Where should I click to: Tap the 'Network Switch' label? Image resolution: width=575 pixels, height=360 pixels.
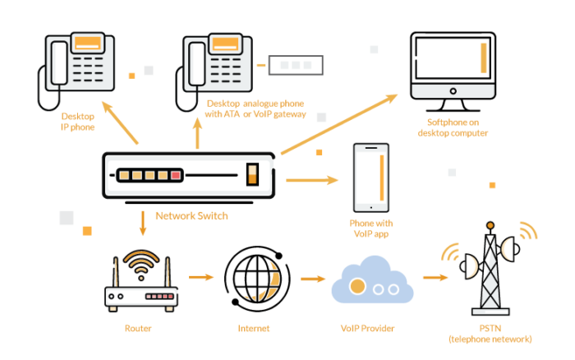coord(191,216)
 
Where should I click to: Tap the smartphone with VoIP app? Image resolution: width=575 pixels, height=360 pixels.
coord(371,178)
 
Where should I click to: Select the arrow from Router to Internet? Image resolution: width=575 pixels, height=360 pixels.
coord(200,277)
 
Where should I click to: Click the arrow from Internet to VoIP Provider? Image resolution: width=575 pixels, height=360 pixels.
coord(313,279)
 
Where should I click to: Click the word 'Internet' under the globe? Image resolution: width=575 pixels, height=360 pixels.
coord(253,329)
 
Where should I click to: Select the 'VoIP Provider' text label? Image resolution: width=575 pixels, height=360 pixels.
coord(367,329)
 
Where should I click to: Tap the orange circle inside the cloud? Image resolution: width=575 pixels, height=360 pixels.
coord(357,287)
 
